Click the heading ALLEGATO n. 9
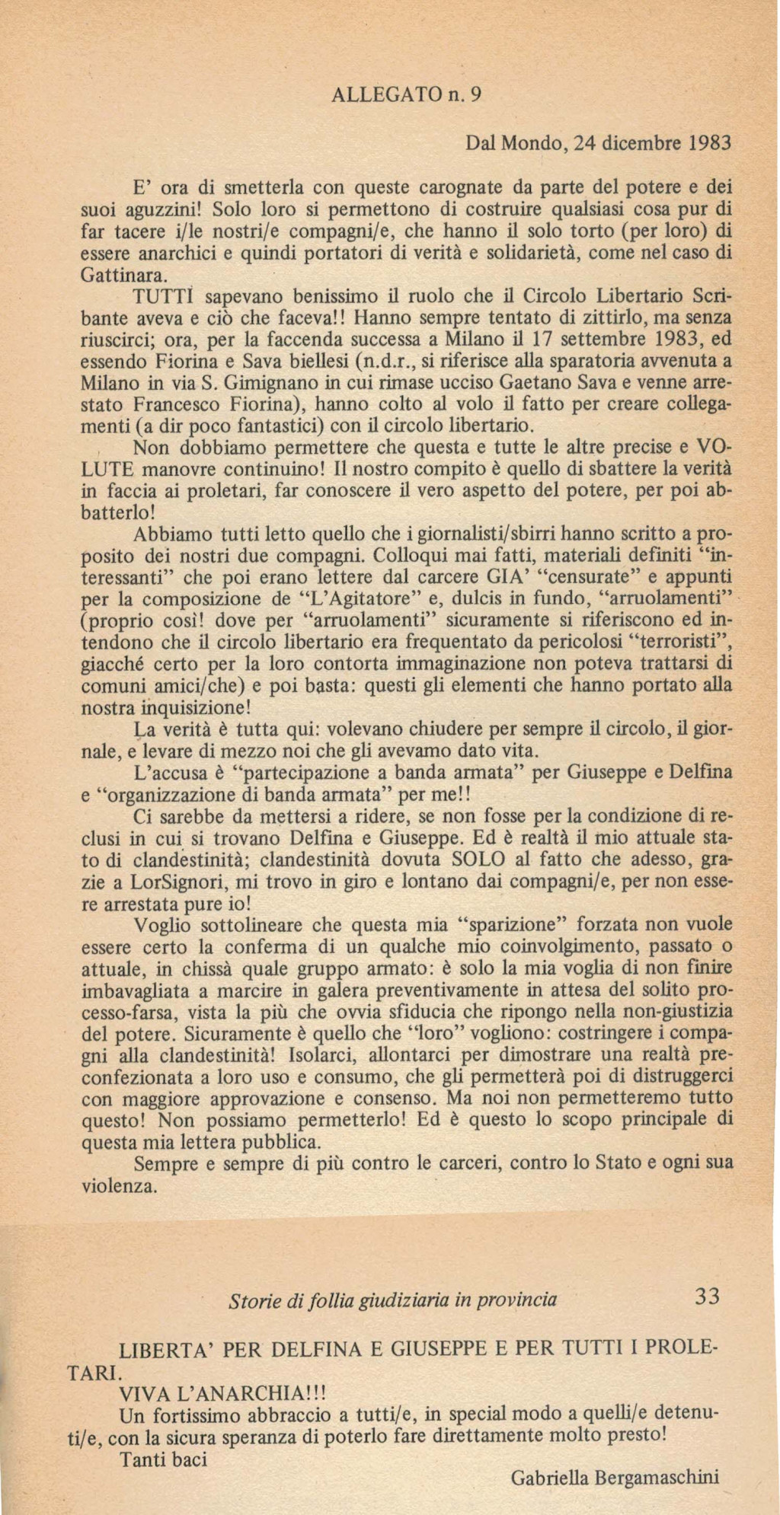[408, 96]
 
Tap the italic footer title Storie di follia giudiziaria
[393, 1300]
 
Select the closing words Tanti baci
[164, 1459]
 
